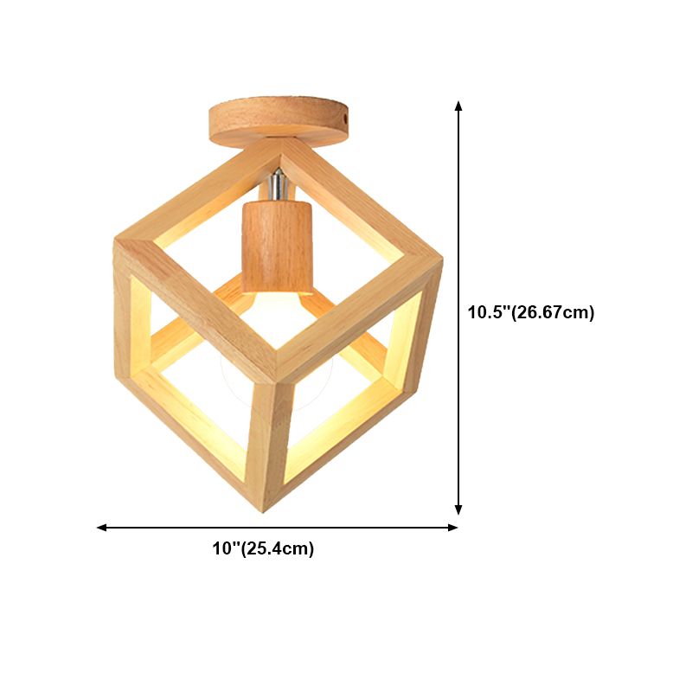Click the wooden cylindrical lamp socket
point(276,246)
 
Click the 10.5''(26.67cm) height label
point(531,312)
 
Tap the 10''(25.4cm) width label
point(263,548)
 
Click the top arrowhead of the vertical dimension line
point(458,106)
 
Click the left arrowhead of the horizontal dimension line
point(101,527)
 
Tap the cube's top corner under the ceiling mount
point(279,145)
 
